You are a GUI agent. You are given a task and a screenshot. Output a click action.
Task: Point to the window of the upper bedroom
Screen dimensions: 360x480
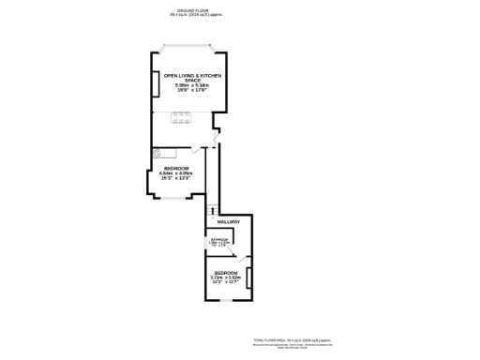tap(173, 197)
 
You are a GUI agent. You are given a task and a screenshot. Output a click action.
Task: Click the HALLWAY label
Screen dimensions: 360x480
tap(229, 222)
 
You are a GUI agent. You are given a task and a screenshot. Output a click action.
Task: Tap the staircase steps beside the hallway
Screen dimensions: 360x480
tap(212, 210)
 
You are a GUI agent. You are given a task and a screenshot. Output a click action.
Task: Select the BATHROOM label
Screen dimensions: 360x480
tap(219, 240)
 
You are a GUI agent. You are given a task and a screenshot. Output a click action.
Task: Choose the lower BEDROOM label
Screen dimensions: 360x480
tap(225, 273)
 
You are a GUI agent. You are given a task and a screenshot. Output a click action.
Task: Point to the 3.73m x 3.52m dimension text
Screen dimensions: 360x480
tap(225, 277)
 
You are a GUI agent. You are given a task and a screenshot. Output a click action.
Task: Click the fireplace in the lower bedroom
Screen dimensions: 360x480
tap(248, 277)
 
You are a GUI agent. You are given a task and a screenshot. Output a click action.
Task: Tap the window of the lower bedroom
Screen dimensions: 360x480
tap(226, 300)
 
